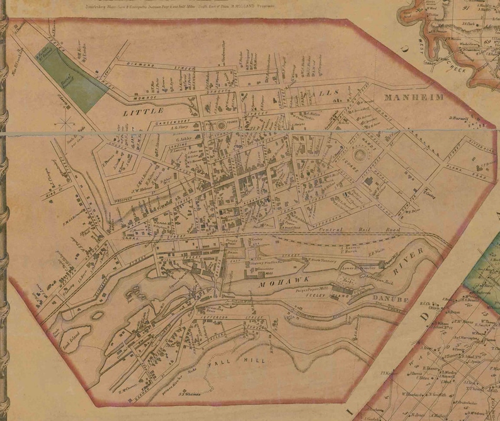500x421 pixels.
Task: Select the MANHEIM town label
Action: [414, 98]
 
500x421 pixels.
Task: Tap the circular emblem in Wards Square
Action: [360, 155]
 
